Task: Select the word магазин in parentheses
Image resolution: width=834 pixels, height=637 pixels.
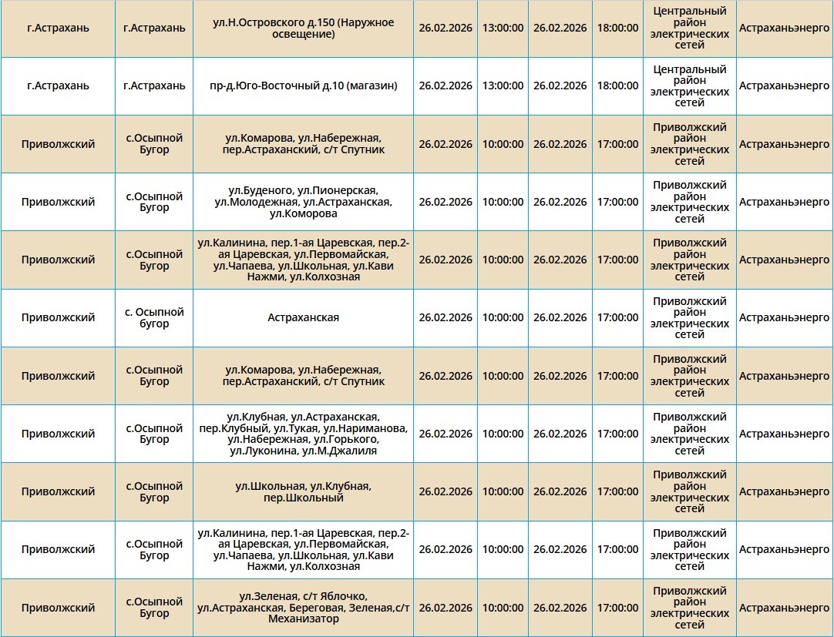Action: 370,86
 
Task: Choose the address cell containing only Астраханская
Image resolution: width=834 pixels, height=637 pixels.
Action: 303,317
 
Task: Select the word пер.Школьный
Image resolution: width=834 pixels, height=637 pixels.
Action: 303,498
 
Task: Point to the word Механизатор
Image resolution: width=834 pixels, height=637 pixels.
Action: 303,619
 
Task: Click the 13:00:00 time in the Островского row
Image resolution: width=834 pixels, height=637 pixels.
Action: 503,28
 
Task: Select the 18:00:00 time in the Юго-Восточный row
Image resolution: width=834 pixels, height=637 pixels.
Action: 617,86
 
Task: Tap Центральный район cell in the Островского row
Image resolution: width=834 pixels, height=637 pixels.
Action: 689,28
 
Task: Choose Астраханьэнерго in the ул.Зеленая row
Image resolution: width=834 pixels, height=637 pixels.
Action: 784,608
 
